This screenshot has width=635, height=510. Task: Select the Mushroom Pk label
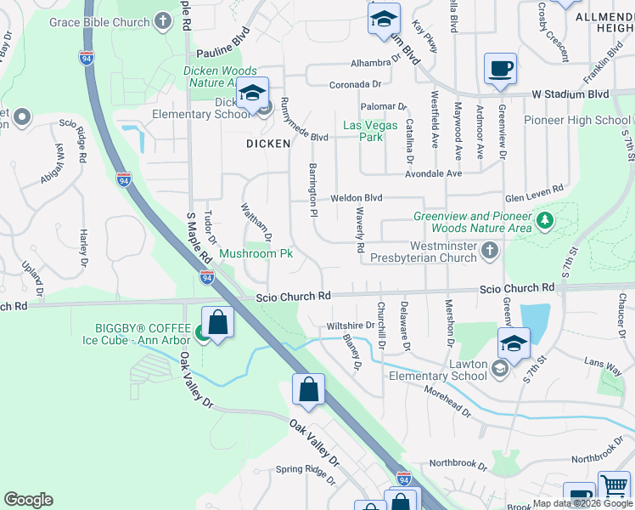coord(256,253)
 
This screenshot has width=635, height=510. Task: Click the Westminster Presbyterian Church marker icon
coord(489,251)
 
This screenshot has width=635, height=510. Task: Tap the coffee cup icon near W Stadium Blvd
coord(500,67)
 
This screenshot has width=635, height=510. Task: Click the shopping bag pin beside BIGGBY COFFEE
coord(218,323)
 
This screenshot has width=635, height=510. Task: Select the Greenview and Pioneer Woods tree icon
coord(544,222)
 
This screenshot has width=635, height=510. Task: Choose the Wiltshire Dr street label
coord(351,326)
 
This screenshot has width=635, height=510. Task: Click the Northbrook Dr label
coord(460,463)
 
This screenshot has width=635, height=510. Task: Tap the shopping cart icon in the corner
coord(615,488)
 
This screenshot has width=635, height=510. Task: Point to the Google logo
coord(28,500)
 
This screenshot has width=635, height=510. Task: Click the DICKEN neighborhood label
coord(268,144)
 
